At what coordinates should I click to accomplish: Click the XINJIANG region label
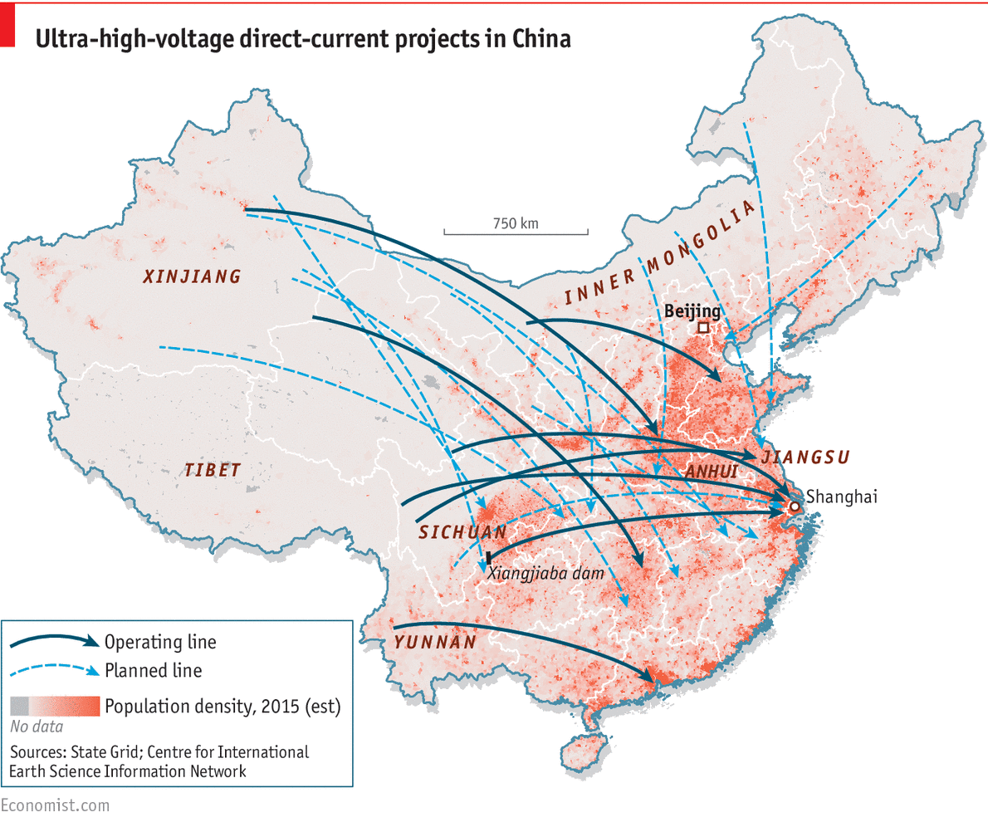click(192, 276)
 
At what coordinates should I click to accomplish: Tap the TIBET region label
click(213, 471)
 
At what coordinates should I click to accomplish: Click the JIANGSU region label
click(805, 457)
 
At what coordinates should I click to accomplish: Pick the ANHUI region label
click(712, 472)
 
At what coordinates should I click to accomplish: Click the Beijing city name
click(693, 311)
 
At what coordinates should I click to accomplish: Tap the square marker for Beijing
click(703, 328)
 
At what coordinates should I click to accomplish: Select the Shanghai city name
click(841, 497)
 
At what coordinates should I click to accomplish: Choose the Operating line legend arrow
click(55, 642)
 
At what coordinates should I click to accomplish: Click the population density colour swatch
click(55, 706)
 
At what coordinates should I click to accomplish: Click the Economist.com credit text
click(55, 805)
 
